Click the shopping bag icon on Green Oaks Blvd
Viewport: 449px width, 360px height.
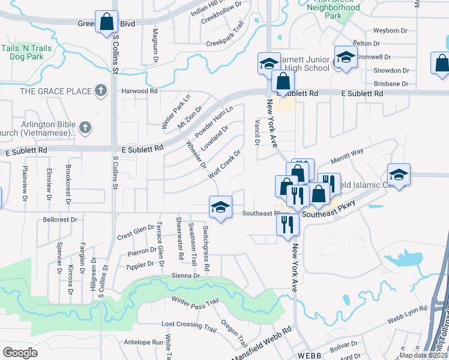[106, 22]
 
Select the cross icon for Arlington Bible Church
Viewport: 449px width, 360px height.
[85, 127]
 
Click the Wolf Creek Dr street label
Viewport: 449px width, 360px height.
[224, 164]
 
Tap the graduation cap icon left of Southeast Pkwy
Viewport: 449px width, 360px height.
[220, 208]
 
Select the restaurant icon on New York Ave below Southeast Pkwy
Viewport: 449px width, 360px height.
[288, 224]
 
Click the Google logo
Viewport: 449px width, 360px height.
[20, 352]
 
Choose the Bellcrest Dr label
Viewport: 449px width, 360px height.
[60, 220]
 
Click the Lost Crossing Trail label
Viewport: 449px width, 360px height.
[189, 325]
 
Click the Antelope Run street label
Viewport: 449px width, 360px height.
[143, 343]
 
